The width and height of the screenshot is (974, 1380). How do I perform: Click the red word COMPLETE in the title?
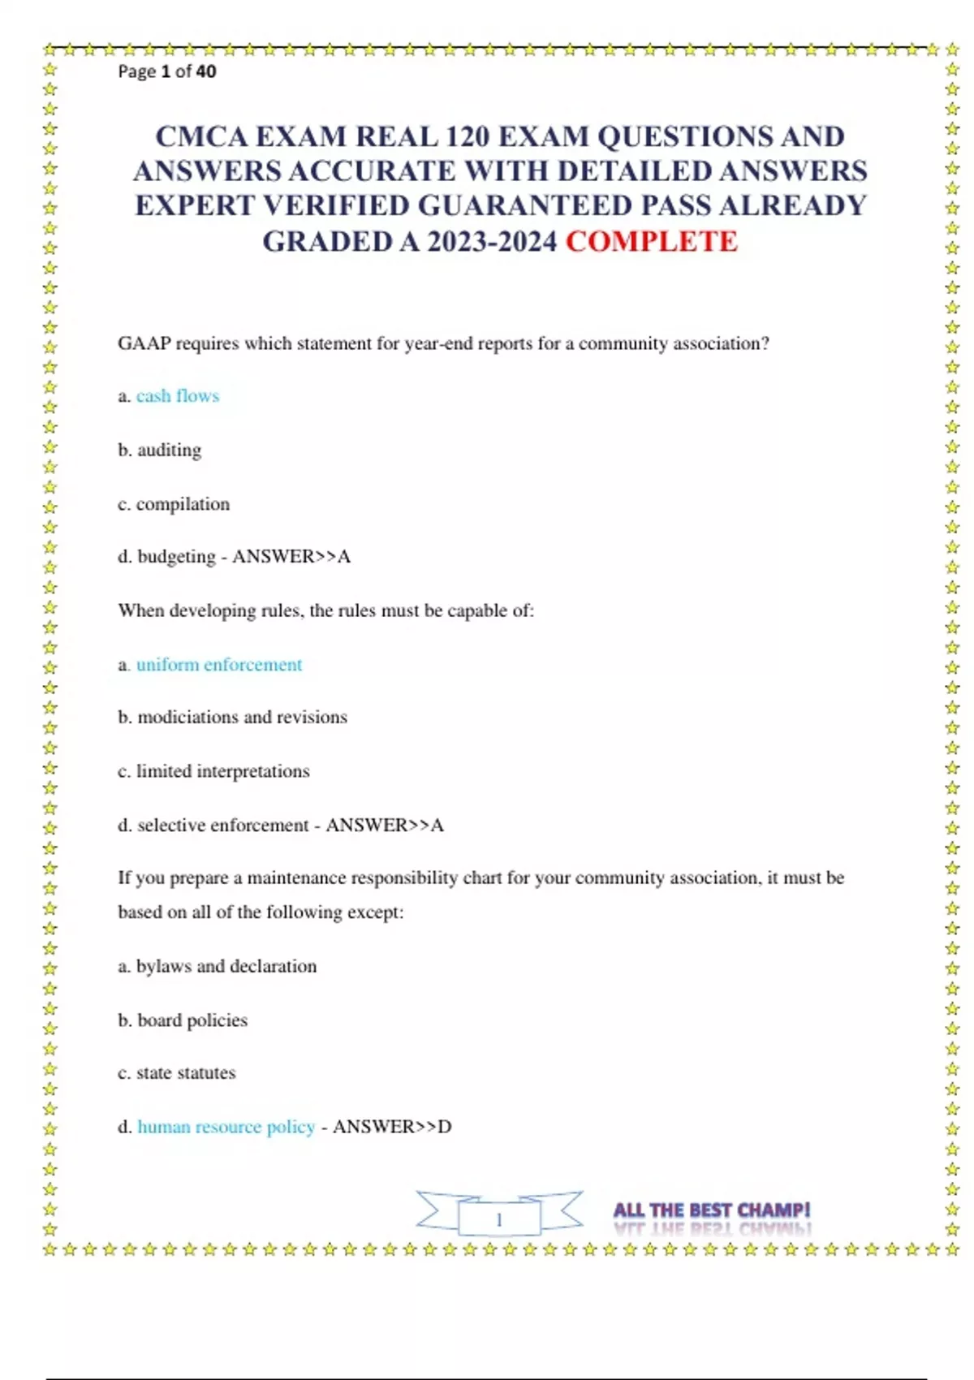point(651,241)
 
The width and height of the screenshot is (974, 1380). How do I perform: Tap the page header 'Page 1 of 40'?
point(167,71)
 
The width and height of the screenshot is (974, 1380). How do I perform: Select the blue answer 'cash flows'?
point(178,396)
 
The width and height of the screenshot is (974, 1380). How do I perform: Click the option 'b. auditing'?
point(160,450)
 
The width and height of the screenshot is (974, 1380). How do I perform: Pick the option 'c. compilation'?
point(174,504)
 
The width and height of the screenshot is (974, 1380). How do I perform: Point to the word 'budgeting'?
point(176,557)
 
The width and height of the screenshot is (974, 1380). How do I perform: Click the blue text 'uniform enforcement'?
point(219,665)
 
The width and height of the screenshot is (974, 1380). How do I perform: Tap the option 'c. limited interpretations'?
point(213,771)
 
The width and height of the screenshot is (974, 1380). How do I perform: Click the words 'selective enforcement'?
point(223,826)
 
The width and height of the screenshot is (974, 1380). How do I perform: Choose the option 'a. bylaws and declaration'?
point(218,966)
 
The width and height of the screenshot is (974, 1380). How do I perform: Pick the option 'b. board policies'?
point(183,1020)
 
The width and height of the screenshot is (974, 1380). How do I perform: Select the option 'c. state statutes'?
point(177,1073)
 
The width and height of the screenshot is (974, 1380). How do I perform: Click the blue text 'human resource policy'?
point(226,1127)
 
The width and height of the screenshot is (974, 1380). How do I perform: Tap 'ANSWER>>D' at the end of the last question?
point(392,1127)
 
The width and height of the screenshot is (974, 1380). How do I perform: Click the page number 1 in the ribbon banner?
point(499,1219)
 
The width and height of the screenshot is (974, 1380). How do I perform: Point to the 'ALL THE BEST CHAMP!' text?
point(712,1210)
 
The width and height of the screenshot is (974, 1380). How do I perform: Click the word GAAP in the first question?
point(144,343)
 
